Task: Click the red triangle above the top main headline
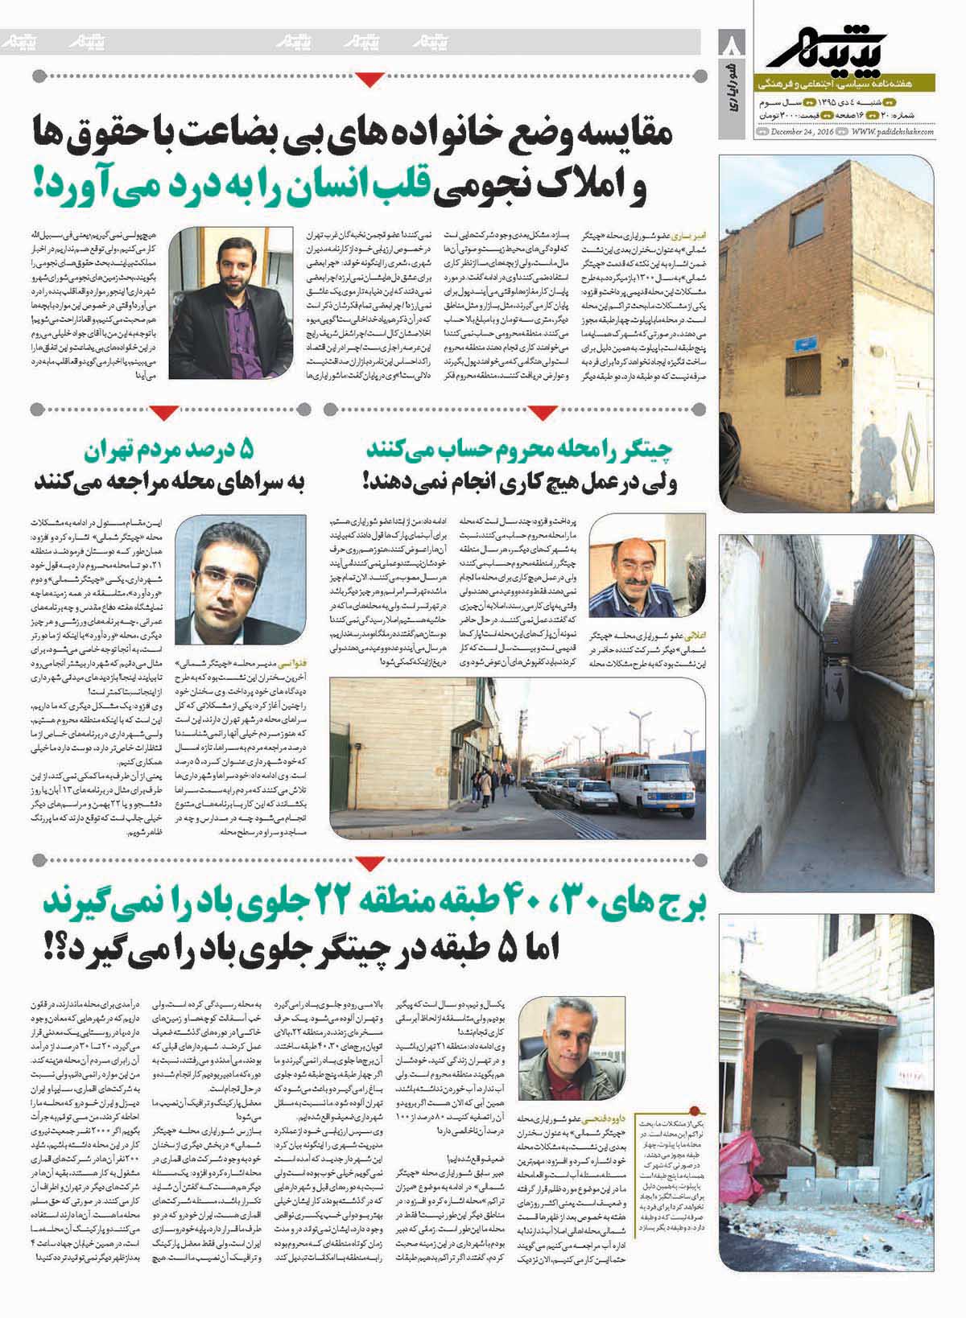[370, 78]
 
